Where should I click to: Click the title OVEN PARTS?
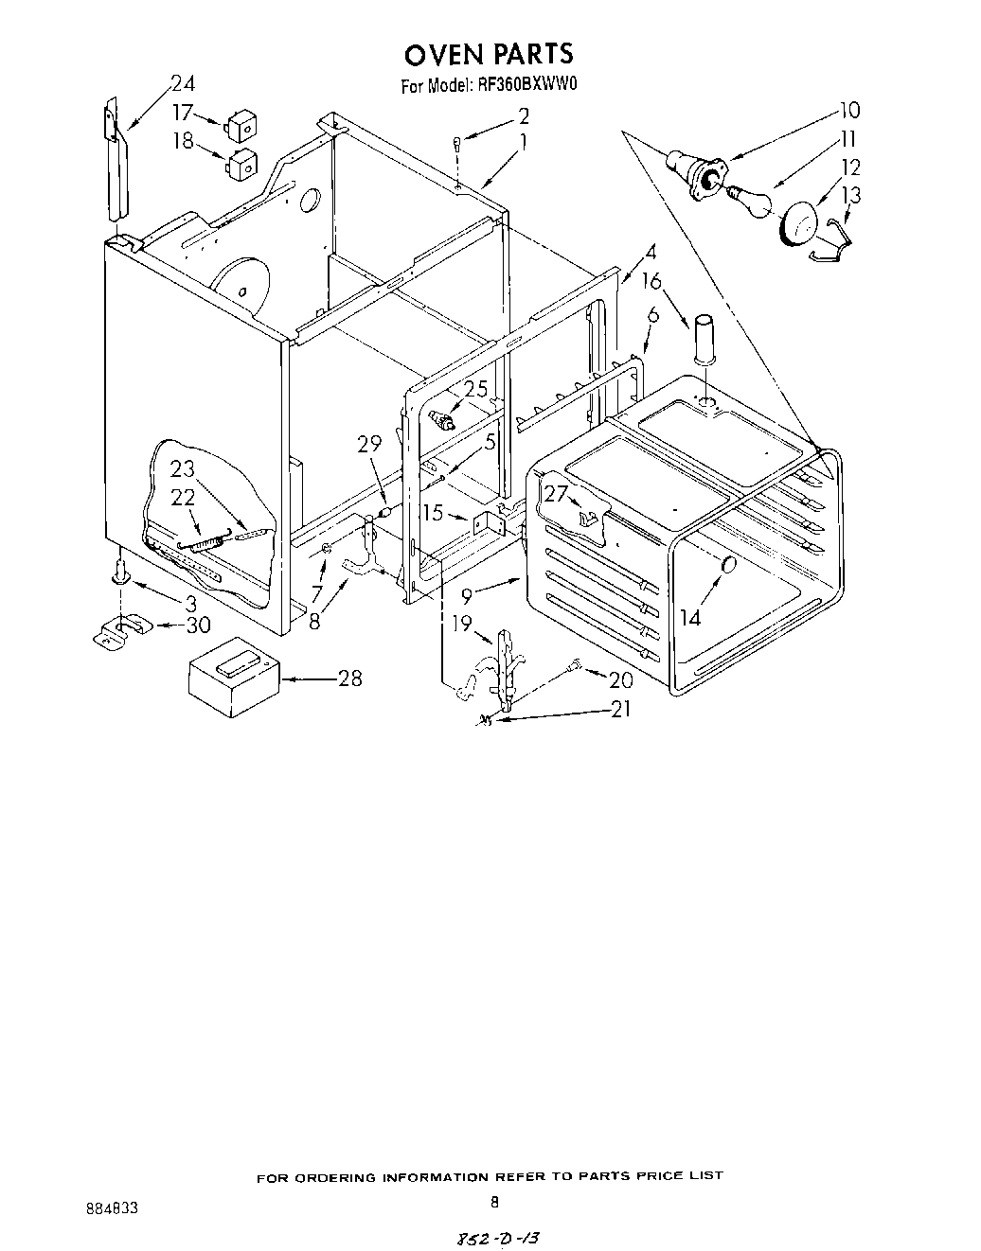click(490, 53)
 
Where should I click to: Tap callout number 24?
click(182, 83)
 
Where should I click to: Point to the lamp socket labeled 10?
click(698, 171)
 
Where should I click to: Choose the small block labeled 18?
click(241, 162)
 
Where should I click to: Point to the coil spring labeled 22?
click(205, 545)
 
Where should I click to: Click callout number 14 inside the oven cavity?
click(689, 617)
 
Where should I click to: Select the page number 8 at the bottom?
click(493, 1203)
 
